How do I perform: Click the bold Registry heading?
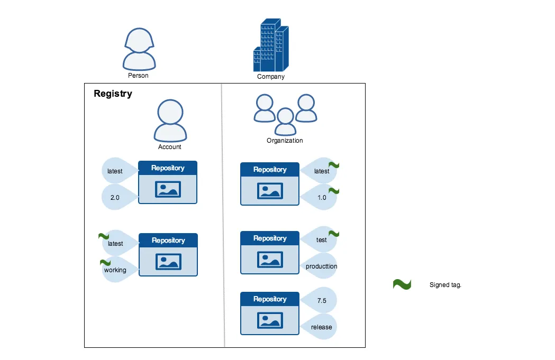pyautogui.click(x=113, y=94)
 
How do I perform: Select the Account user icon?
pyautogui.click(x=170, y=121)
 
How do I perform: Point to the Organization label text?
pyautogui.click(x=285, y=141)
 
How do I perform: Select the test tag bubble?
pyautogui.click(x=320, y=240)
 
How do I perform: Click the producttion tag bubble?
pyautogui.click(x=320, y=266)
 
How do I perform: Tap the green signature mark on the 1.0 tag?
pyautogui.click(x=334, y=191)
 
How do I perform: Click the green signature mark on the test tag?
pyautogui.click(x=334, y=234)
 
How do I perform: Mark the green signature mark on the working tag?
pyautogui.click(x=105, y=262)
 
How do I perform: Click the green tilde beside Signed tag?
pyautogui.click(x=402, y=285)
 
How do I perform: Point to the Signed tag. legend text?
pyautogui.click(x=445, y=285)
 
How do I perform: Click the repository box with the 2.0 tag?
pyautogui.click(x=168, y=182)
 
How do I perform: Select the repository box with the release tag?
pyautogui.click(x=270, y=313)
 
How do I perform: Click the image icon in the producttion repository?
pyautogui.click(x=270, y=260)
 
